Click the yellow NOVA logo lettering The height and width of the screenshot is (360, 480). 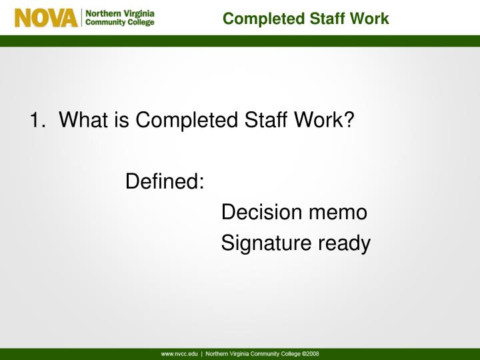tap(46, 17)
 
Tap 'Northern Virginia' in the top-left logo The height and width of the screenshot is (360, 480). tap(119, 13)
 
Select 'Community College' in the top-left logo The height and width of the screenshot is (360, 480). tap(119, 23)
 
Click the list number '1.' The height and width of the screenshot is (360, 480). tap(37, 121)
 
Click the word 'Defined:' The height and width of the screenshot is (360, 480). tap(165, 181)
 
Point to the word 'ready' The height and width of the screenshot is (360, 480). tap(343, 244)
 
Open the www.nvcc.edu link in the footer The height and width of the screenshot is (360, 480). tap(179, 353)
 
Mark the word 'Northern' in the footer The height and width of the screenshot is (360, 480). tap(218, 353)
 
